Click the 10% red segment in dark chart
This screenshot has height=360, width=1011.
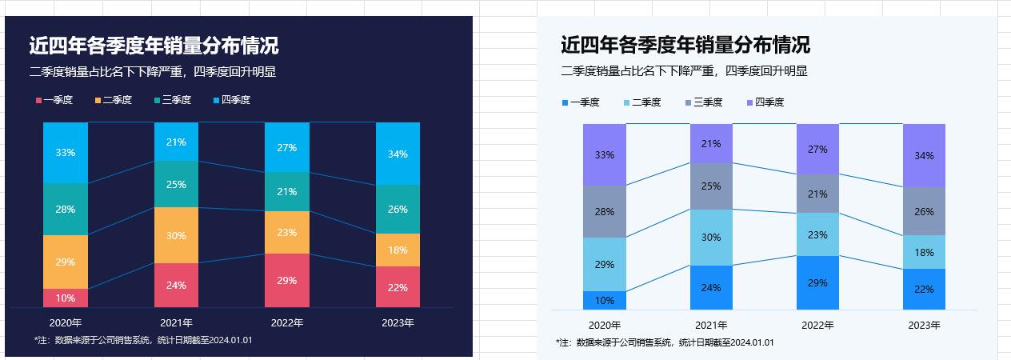coord(66,298)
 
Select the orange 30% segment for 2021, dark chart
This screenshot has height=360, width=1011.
coord(176,235)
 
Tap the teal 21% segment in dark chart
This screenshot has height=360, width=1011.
coord(286,192)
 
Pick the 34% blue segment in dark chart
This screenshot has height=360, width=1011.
coord(398,154)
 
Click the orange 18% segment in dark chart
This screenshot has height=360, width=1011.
coord(398,250)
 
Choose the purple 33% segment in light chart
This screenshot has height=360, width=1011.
coord(605,155)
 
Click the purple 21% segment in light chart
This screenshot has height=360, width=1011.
coord(711,144)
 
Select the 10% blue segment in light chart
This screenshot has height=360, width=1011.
coord(605,301)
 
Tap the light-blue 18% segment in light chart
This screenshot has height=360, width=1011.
coord(924,252)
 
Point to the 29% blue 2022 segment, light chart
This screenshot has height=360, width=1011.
coord(817,283)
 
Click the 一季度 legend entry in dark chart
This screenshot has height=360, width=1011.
coord(54,100)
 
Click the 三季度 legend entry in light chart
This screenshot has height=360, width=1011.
coord(703,102)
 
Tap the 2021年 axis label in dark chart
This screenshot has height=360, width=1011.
coord(176,323)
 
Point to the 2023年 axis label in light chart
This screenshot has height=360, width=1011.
coord(924,326)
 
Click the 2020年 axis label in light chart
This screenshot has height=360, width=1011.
coord(605,326)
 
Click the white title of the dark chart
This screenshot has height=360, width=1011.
coord(154,45)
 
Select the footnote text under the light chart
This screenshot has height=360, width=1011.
coord(665,342)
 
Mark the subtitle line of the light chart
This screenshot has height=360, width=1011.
coord(684,71)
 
